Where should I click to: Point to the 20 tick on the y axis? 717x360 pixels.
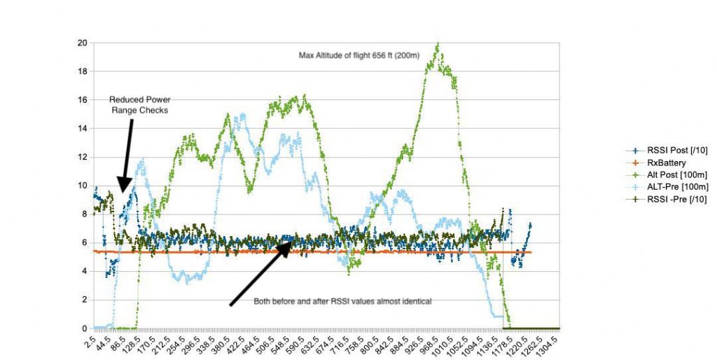point(83,43)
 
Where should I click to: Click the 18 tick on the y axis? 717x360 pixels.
point(83,71)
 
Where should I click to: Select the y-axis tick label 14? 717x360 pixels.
point(83,128)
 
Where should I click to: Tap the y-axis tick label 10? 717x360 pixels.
point(83,185)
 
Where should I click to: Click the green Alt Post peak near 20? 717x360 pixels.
point(438,46)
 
